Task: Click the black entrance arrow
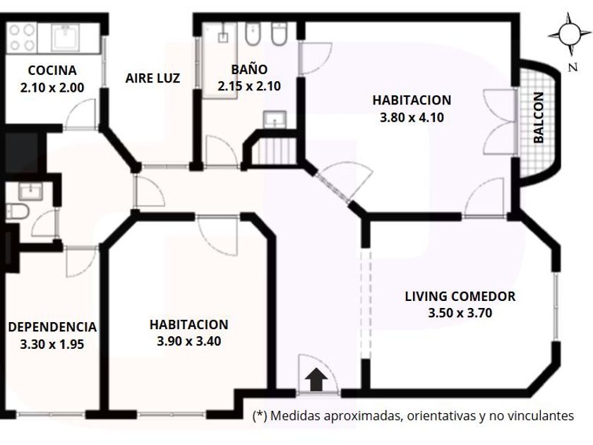pos(316,380)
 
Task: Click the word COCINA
pos(52,71)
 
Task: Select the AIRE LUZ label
pos(152,78)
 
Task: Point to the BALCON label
pos(538,118)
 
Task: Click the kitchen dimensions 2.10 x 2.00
pos(52,88)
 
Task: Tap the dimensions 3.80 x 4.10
pos(412,118)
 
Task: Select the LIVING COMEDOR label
pos(460,296)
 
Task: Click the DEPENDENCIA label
pos(52,327)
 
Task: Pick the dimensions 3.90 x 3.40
pos(188,341)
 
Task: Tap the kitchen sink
pos(65,37)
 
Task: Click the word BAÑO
pos(249,70)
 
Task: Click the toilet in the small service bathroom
pos(18,211)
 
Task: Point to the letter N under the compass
pos(573,67)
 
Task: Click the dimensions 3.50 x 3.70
pos(460,314)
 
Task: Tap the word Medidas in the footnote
pos(295,415)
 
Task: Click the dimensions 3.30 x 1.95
pos(52,345)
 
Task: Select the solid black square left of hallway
pos(22,151)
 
